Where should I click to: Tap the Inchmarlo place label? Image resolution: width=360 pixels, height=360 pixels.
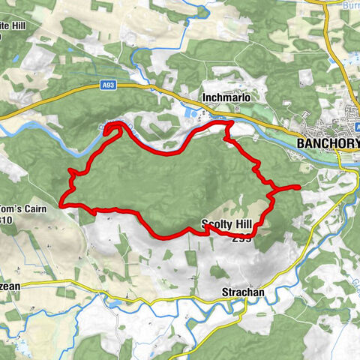[x=224, y=98]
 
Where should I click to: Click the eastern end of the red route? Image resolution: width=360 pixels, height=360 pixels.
[x=298, y=187]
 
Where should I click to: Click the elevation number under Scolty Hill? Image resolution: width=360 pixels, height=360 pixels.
[x=241, y=238]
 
